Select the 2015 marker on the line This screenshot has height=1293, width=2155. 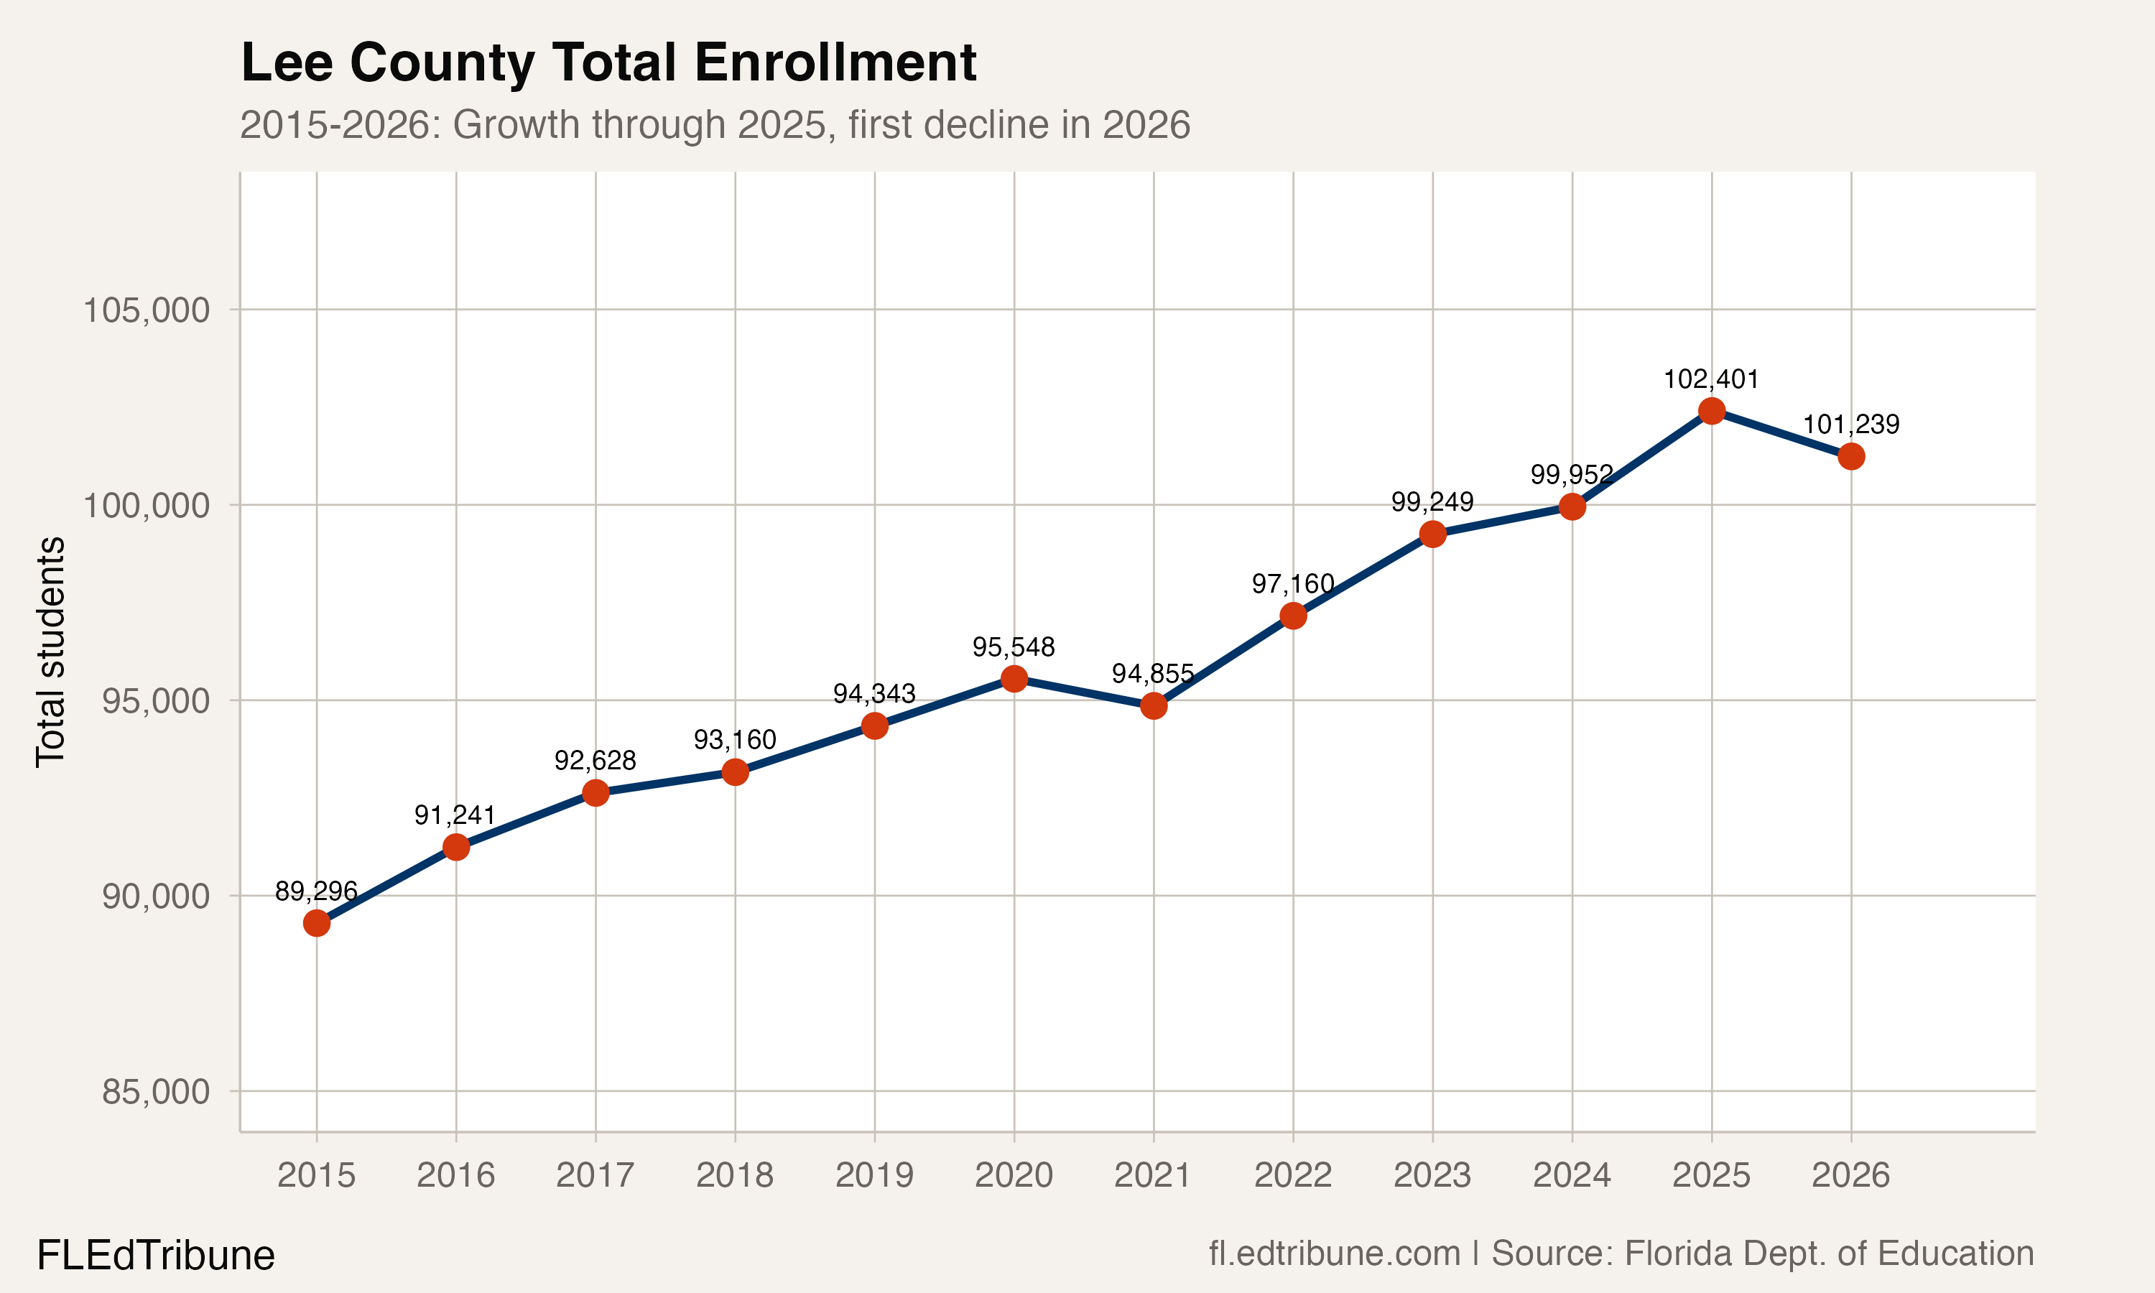(316, 923)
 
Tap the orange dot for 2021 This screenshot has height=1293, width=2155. (1153, 705)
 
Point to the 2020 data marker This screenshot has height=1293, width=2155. (1014, 679)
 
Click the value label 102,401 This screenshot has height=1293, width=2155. (1711, 379)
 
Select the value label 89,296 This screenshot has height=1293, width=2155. (316, 891)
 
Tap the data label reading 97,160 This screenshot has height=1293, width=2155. (1293, 584)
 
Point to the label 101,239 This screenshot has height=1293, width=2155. (1850, 425)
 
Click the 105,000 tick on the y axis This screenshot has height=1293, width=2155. (147, 310)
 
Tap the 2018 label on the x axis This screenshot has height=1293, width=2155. (734, 1175)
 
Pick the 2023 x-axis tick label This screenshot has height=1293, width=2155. (1432, 1175)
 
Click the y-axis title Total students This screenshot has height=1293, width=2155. (50, 652)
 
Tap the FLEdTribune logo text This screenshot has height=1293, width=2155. (155, 1256)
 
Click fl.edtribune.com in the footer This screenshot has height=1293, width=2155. (1334, 1253)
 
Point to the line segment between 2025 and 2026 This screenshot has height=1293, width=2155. (1781, 433)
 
